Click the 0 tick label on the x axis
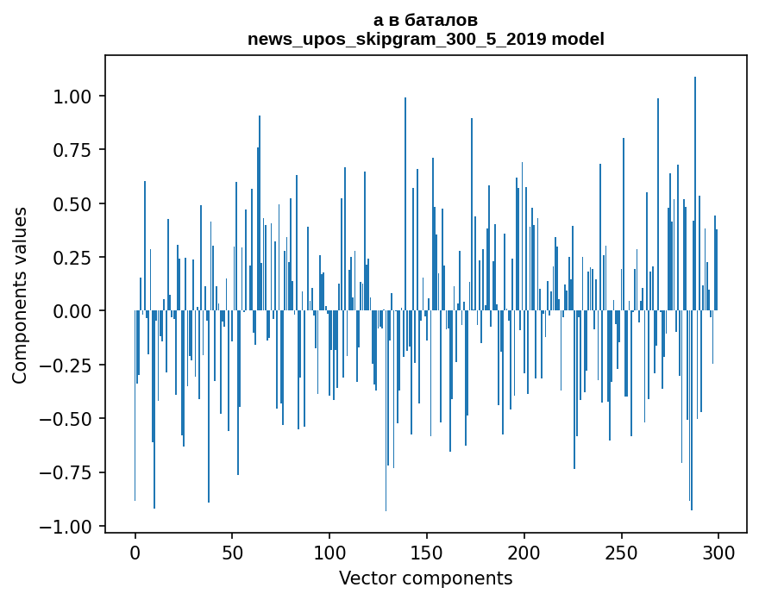pos(135,553)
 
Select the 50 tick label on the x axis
pos(232,553)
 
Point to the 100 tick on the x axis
pos(329,553)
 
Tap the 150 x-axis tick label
pos(427,553)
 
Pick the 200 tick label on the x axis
pos(524,553)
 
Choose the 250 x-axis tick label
pos(622,553)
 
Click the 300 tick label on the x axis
pos(718,553)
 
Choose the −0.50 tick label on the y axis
pos(73,418)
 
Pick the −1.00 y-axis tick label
pos(73,526)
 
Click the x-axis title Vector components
pos(426,578)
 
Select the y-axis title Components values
pos(20,295)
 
